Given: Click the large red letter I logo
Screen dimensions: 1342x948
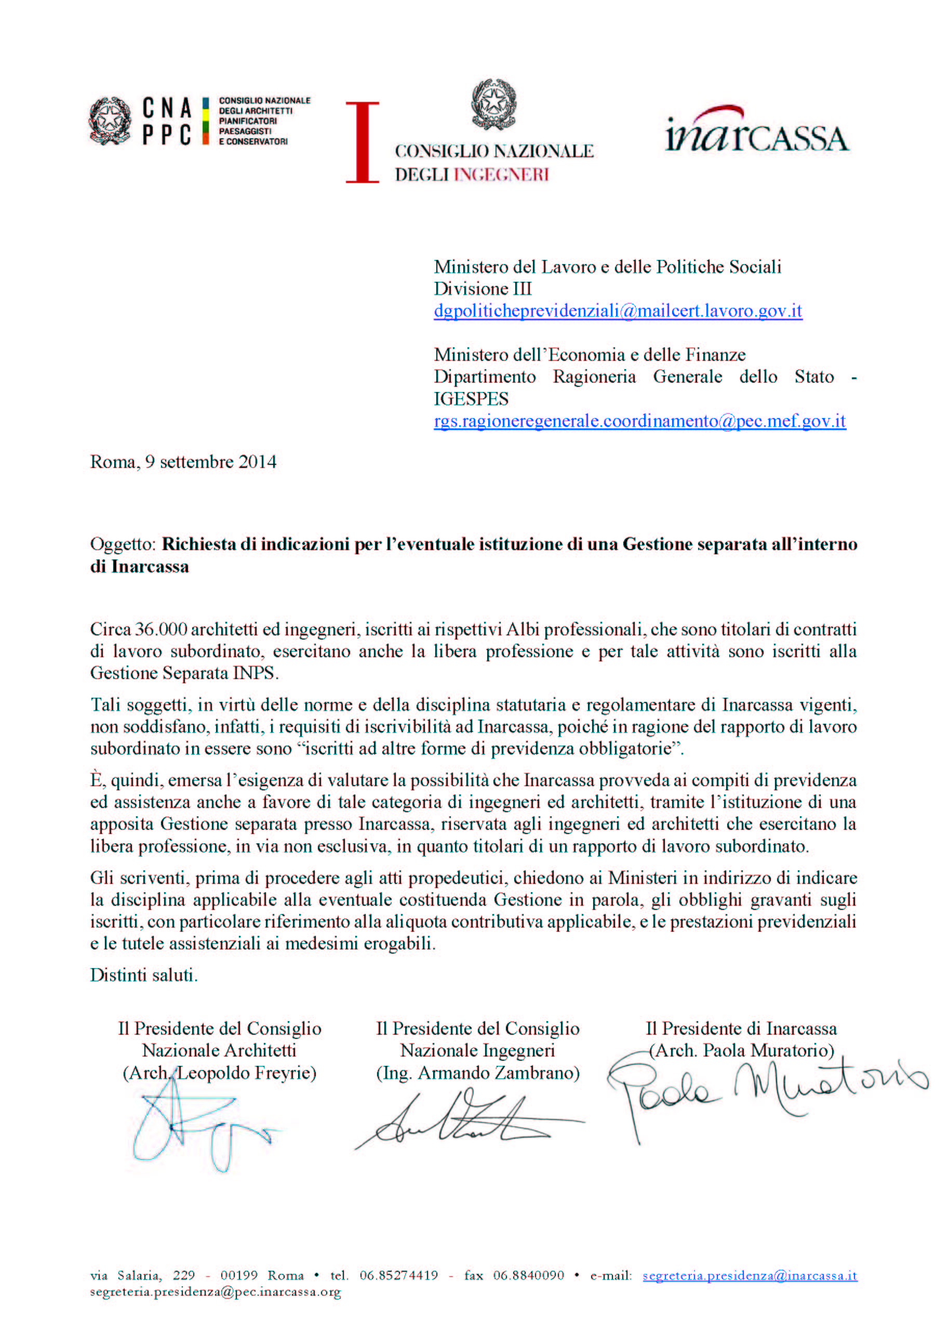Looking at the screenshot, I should (x=362, y=142).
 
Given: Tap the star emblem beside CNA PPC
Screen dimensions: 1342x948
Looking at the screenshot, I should (x=110, y=121).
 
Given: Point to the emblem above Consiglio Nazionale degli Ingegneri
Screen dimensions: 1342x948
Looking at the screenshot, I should (x=494, y=105).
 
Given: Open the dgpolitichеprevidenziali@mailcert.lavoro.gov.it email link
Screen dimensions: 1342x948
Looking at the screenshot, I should (x=618, y=311).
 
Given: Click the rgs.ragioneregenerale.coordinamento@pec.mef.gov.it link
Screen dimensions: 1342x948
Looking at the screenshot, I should (x=639, y=421).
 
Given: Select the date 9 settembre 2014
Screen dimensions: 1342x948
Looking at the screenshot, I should (x=210, y=462).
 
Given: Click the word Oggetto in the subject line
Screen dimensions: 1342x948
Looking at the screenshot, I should (x=122, y=544).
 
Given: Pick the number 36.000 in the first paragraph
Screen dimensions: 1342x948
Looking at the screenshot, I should (x=161, y=630).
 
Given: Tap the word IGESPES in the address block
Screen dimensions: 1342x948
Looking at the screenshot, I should (x=471, y=399).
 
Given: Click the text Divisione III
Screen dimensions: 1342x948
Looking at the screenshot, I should (x=483, y=289).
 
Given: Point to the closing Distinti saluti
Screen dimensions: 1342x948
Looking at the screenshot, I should (x=144, y=975).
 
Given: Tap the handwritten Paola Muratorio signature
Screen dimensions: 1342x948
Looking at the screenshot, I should (x=765, y=1090).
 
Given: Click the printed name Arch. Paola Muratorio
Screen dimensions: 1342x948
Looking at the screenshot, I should (x=741, y=1050).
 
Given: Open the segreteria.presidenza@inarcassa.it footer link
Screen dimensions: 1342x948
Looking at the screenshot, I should (x=750, y=1275).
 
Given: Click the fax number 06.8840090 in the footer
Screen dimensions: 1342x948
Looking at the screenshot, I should (x=528, y=1275).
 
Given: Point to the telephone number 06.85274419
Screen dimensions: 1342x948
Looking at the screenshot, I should (x=398, y=1275).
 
